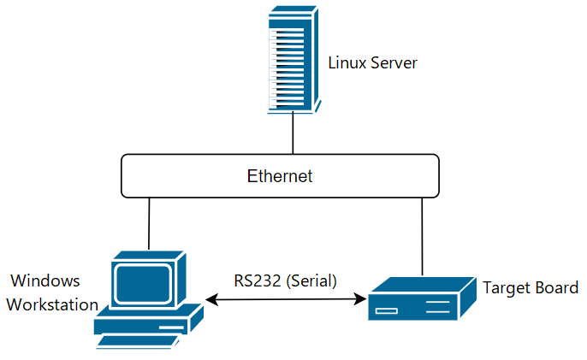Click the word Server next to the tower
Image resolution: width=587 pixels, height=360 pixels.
pos(393,63)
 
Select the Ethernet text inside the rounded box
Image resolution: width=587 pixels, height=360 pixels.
pos(280,177)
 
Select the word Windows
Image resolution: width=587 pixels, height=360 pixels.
pos(44,280)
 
